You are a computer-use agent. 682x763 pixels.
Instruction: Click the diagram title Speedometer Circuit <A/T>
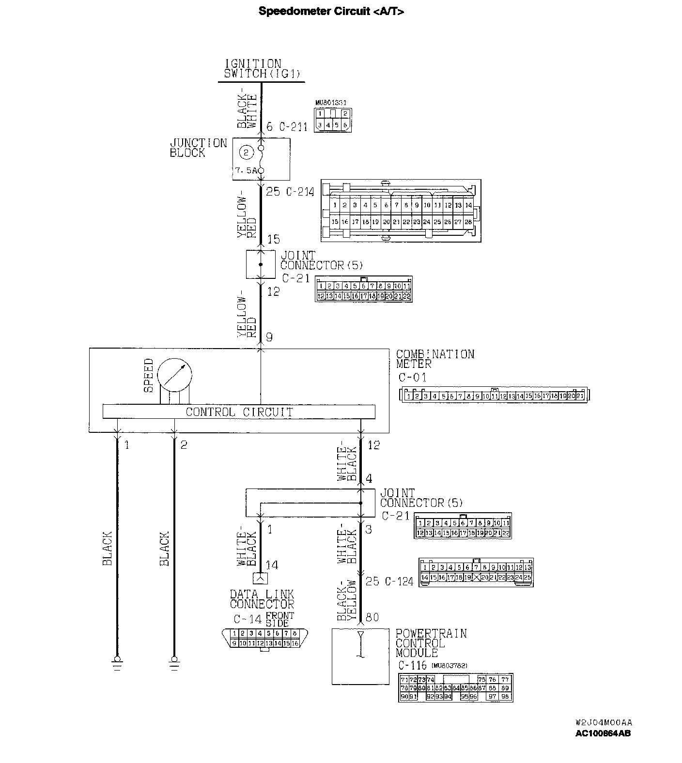point(331,12)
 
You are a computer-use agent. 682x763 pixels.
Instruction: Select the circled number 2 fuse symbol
point(246,153)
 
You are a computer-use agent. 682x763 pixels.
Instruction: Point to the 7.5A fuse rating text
point(246,171)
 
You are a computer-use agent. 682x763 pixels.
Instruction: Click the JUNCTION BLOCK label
point(198,148)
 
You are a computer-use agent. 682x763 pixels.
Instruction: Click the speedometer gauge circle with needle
point(175,374)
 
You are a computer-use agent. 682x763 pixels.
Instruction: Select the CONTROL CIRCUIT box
point(239,412)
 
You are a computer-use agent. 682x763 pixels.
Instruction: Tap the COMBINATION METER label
point(434,359)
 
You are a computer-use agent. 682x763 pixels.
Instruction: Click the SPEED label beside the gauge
point(148,375)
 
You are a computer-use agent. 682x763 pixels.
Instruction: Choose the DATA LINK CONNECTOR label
point(262,599)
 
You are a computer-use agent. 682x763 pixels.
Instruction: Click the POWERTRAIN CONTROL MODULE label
point(431,643)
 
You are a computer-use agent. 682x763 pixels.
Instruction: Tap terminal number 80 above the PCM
point(372,618)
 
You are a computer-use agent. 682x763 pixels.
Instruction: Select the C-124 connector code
point(399,581)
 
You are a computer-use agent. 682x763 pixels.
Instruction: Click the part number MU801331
point(334,103)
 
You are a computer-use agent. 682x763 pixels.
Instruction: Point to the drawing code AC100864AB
point(603,733)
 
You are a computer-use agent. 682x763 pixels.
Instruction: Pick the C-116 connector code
point(412,666)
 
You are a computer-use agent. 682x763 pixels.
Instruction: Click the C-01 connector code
point(412,378)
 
